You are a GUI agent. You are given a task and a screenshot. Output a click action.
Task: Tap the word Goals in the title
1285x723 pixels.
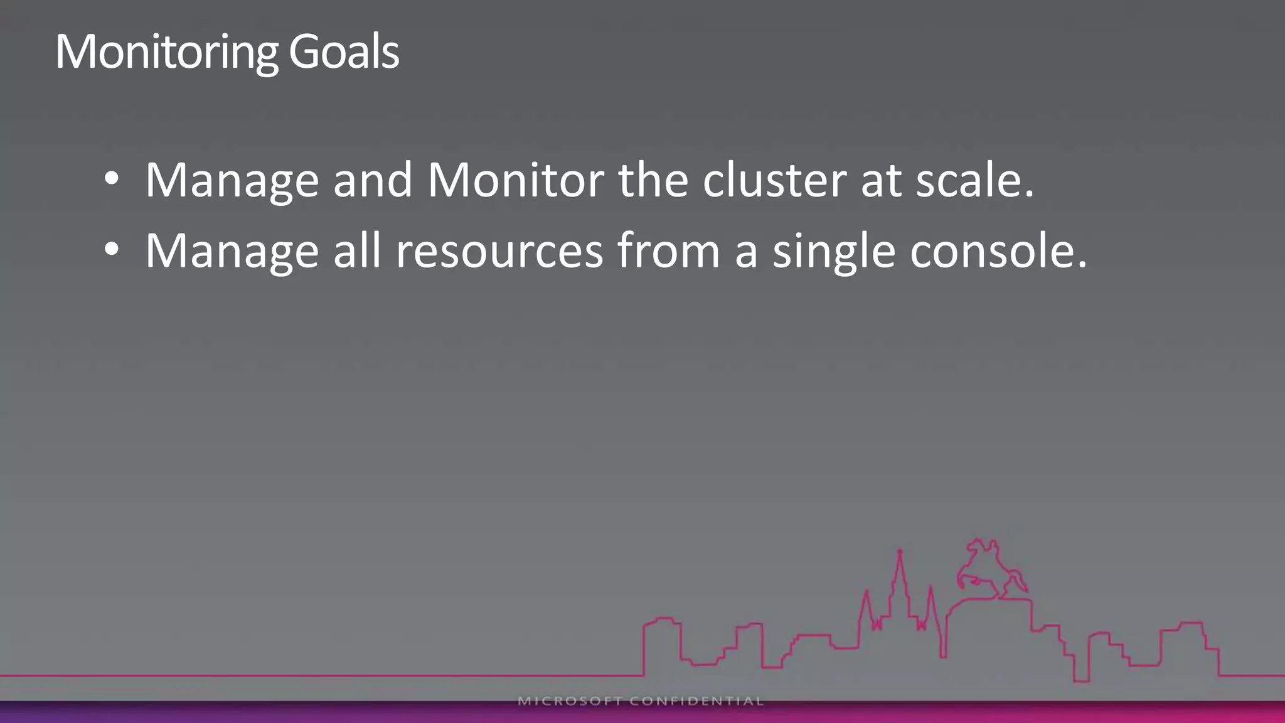(344, 51)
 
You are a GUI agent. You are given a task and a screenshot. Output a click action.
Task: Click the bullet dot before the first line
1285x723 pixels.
(112, 179)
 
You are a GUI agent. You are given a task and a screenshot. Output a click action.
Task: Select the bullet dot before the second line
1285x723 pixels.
(112, 250)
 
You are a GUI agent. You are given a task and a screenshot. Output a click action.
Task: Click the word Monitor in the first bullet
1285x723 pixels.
(515, 181)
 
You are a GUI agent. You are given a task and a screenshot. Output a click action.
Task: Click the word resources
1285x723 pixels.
(499, 252)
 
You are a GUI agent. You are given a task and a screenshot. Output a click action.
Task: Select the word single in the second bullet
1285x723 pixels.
(834, 252)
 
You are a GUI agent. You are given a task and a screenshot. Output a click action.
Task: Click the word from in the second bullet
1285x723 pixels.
(668, 252)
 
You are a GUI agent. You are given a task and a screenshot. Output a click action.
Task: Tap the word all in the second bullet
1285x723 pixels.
(357, 252)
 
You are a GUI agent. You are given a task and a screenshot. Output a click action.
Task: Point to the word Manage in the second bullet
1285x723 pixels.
(232, 252)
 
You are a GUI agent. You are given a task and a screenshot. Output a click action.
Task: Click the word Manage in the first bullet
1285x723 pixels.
(232, 181)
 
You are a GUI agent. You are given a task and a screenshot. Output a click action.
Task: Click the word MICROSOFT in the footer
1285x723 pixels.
(570, 701)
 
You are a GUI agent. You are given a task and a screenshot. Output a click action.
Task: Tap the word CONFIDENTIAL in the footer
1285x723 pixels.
(696, 701)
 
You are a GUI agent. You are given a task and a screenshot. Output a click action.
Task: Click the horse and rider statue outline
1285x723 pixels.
(989, 568)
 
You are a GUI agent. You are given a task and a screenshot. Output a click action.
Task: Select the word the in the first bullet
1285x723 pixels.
(653, 181)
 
